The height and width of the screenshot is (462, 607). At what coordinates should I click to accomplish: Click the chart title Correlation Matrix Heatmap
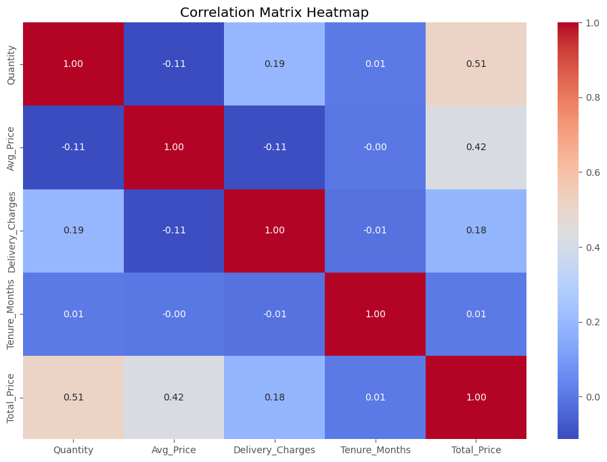(x=274, y=12)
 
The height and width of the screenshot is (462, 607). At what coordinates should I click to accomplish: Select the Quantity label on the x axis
(x=74, y=450)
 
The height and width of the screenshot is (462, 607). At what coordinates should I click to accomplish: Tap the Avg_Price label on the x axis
(x=174, y=450)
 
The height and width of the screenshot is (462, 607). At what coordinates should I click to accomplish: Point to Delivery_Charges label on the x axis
(x=275, y=450)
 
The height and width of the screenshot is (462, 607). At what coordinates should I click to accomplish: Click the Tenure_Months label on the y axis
(x=11, y=314)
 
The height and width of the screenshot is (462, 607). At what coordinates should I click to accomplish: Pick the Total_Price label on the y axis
(x=11, y=398)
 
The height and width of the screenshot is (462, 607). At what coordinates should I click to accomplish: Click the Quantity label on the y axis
(x=11, y=64)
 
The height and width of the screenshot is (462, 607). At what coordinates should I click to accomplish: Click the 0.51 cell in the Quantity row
(x=476, y=64)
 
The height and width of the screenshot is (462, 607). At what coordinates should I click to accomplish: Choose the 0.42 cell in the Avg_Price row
(x=476, y=147)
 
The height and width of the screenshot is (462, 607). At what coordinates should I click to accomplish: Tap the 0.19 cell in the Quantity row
(x=275, y=64)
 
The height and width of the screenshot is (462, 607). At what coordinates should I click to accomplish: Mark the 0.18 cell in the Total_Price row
(x=275, y=398)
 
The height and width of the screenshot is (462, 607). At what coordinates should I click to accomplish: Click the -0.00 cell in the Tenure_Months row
(x=174, y=314)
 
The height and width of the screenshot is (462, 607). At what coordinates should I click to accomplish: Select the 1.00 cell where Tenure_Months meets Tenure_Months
(x=375, y=314)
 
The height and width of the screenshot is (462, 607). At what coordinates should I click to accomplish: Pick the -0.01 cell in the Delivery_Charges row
(x=375, y=231)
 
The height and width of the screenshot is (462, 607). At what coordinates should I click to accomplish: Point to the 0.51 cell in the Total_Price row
(x=74, y=398)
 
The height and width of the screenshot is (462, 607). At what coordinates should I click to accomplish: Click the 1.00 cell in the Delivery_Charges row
(x=275, y=231)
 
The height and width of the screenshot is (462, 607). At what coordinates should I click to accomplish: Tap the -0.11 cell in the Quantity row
(x=174, y=64)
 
